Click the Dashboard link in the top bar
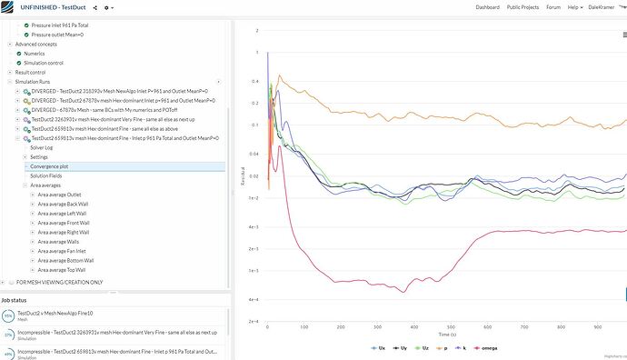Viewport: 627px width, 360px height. coord(487,7)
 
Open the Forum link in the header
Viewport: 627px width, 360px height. coord(553,7)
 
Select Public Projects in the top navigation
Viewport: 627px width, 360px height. coord(525,7)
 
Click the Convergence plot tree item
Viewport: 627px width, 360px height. coord(50,166)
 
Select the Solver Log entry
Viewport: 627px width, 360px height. coord(42,146)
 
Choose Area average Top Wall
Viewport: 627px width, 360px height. coord(61,269)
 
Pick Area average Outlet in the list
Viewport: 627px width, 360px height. coord(59,195)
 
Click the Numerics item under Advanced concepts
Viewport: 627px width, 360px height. coord(34,54)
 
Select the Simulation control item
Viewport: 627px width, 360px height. coord(44,63)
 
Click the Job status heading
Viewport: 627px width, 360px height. coord(18,298)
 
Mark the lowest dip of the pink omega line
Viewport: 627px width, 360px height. coord(403,292)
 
